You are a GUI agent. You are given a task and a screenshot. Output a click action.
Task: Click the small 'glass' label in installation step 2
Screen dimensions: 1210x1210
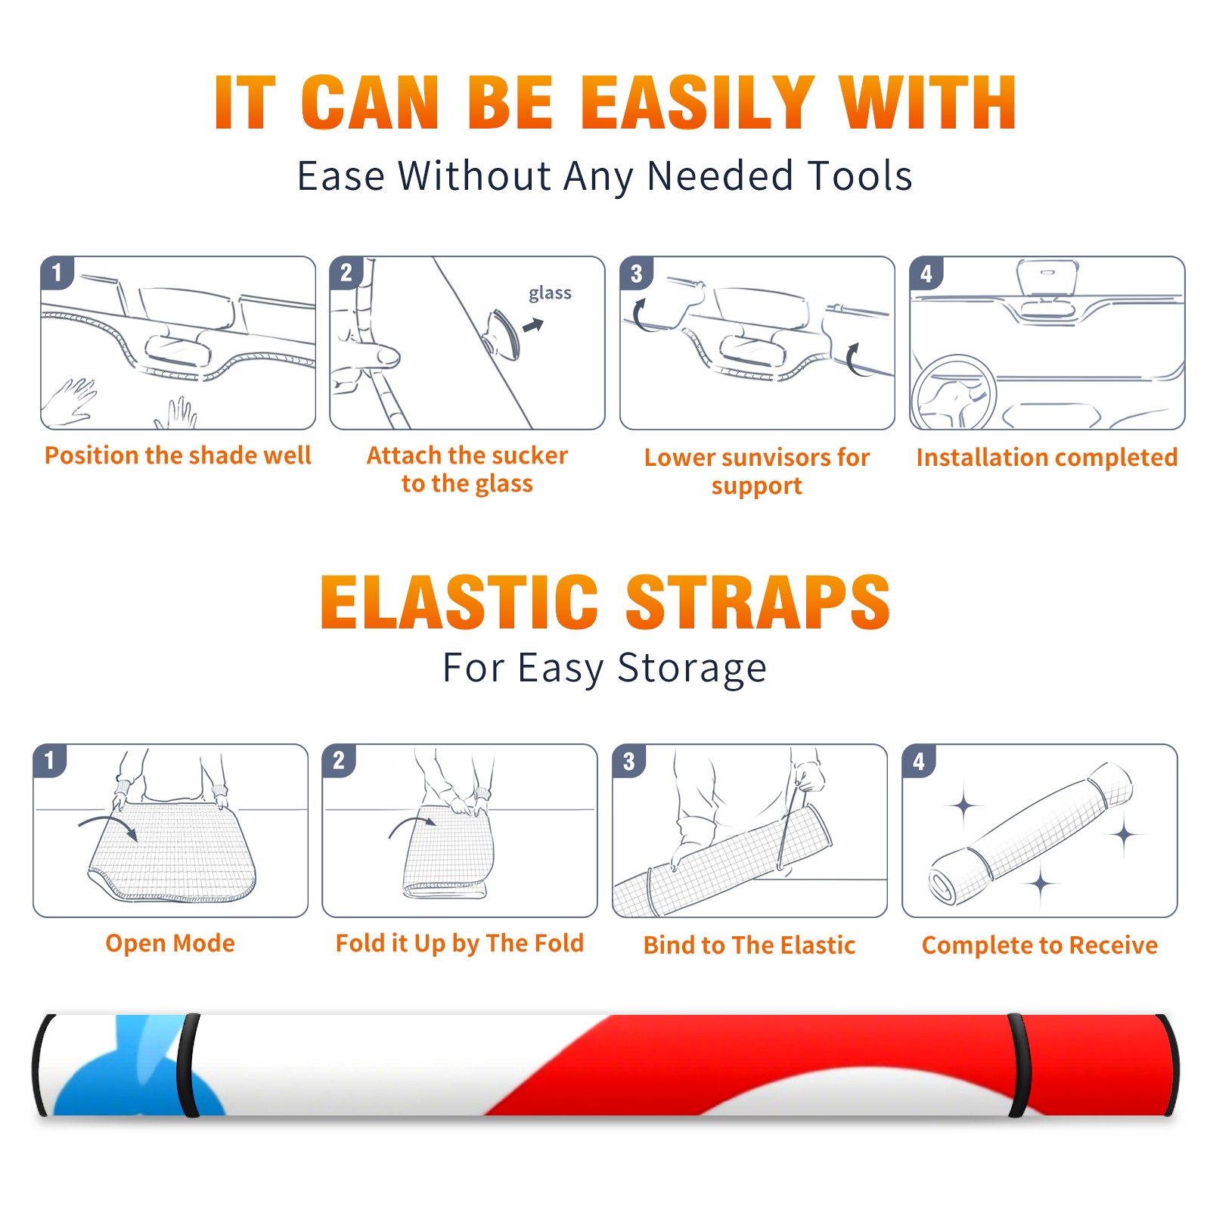coord(550,293)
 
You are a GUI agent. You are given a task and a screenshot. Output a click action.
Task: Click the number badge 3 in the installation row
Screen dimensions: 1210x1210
coord(636,273)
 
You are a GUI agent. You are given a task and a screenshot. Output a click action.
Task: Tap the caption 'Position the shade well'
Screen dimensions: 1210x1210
coord(178,455)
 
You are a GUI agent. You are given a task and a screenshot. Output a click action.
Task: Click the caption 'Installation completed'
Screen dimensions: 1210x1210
coord(1047,458)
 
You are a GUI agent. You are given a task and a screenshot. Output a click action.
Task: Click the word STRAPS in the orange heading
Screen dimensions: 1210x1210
coord(758,602)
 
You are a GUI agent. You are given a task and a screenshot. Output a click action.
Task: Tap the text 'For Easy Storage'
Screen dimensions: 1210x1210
coord(604,669)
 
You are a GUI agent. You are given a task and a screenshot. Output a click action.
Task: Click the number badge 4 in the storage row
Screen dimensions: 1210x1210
coord(919,761)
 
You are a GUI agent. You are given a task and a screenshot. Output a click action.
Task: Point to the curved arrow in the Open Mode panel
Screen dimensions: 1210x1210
coord(107,819)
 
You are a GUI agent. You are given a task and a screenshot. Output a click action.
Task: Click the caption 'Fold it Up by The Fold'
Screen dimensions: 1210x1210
coord(460,944)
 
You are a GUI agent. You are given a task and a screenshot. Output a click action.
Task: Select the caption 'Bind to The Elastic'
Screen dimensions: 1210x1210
coord(749,945)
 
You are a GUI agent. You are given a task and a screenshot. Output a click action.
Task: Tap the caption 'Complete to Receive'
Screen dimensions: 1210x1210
coord(1040,945)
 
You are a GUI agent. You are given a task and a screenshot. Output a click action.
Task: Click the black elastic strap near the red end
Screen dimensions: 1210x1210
coord(1019,1066)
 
